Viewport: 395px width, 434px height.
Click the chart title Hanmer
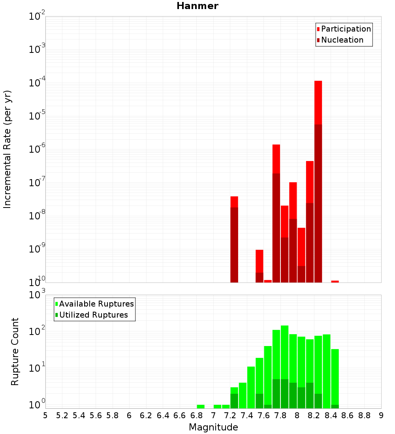pos(197,6)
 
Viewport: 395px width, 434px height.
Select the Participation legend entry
pos(346,29)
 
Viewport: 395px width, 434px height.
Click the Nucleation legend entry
pos(342,40)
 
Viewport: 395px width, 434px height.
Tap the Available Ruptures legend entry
pos(96,304)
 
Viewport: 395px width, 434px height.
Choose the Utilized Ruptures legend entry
pos(93,315)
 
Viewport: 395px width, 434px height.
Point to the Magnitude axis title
pos(213,427)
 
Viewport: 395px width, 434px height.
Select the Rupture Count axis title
pos(15,352)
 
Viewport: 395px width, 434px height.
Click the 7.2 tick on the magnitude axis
pos(230,415)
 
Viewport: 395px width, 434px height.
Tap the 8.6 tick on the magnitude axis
pos(348,415)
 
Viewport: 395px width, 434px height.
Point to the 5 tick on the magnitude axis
pos(45,415)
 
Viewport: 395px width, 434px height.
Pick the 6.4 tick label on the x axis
pos(163,415)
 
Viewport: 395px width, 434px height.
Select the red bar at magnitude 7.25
pos(234,239)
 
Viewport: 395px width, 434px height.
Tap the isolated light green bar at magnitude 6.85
pos(201,406)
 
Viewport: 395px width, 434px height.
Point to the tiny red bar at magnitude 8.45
pos(335,281)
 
